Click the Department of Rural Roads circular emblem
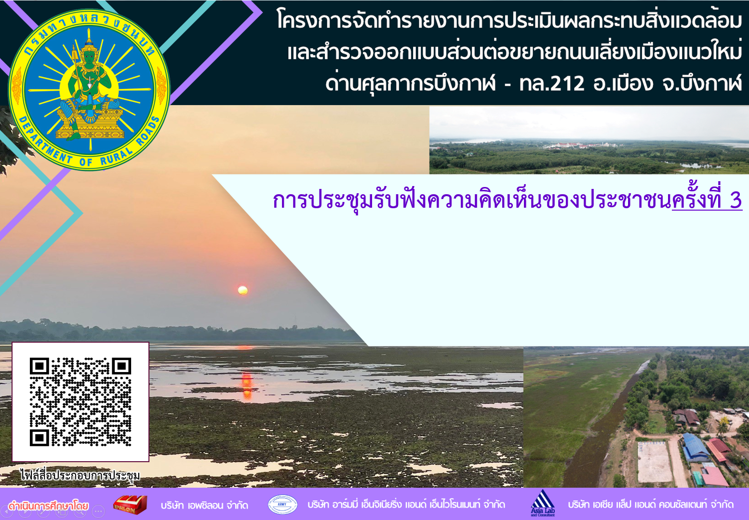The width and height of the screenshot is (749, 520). (89, 90)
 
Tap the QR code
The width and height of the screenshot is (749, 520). (80, 401)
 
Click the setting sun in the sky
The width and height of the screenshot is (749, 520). (243, 290)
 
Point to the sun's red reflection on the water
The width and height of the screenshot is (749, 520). (247, 386)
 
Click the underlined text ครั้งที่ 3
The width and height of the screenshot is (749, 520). (707, 200)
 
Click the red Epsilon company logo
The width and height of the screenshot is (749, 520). (131, 505)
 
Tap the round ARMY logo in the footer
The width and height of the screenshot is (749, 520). (282, 504)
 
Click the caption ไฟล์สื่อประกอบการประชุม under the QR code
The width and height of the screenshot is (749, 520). (80, 475)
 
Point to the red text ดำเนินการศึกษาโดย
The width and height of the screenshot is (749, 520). (49, 506)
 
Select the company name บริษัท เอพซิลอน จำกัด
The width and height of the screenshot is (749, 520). (204, 505)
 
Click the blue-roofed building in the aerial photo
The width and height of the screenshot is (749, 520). (695, 447)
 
